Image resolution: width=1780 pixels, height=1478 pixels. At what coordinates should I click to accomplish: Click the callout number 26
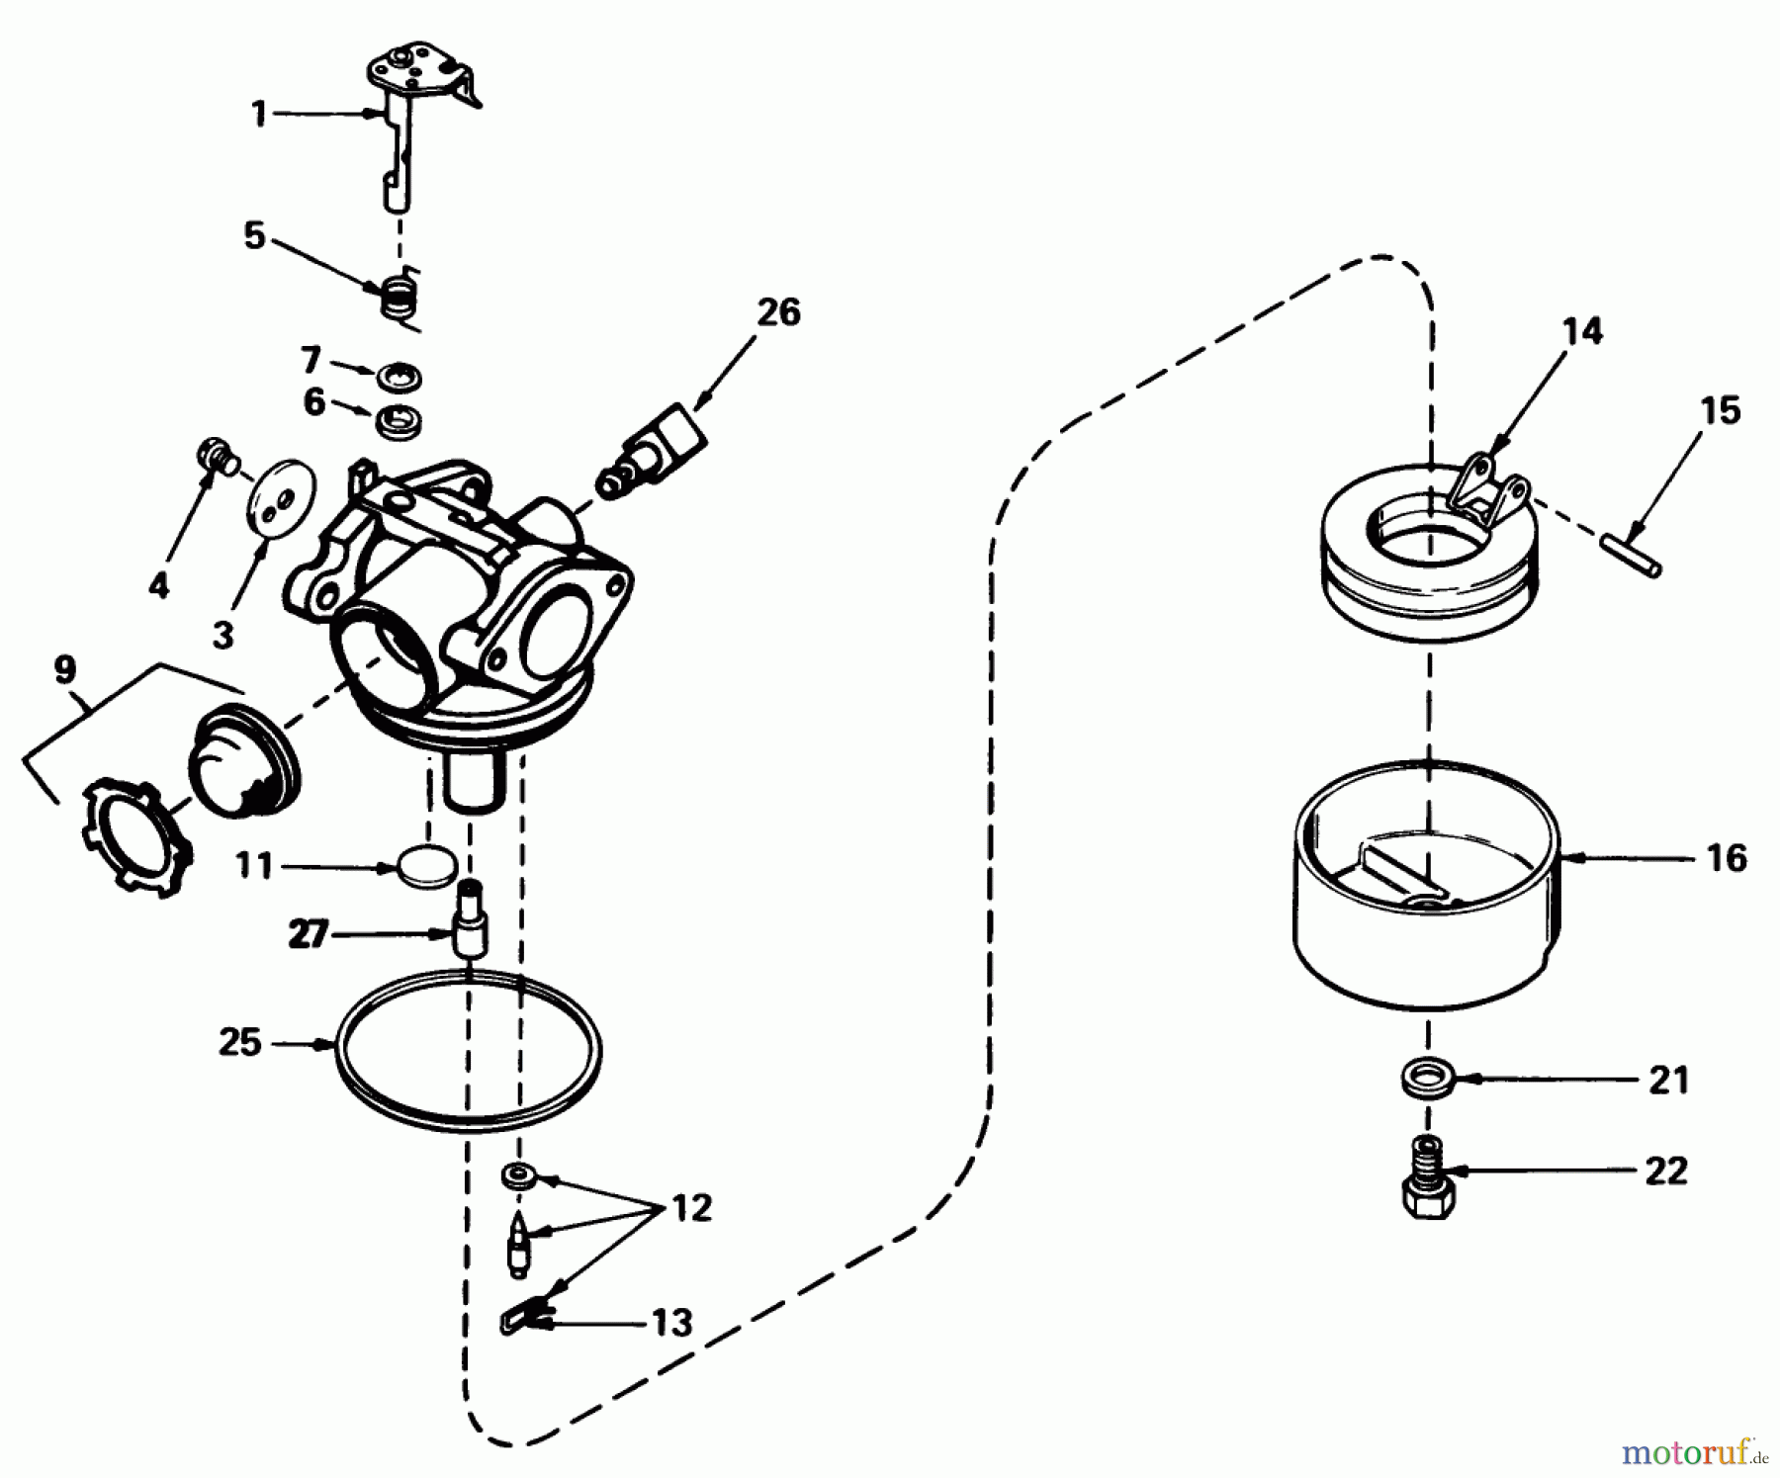pos(778,312)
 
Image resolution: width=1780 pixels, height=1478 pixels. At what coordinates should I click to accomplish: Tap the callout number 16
pos(1726,858)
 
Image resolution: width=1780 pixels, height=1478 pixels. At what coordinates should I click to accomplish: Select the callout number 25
pos(239,1042)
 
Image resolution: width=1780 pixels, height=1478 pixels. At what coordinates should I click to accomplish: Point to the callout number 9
pos(64,670)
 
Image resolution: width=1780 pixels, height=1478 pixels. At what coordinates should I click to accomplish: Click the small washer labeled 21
pos(1426,1078)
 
